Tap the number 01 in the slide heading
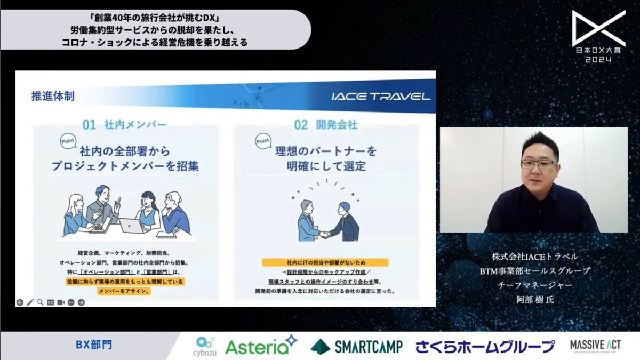(89, 125)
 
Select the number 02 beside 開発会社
(301, 125)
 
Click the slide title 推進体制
(53, 97)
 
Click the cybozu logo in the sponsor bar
(205, 345)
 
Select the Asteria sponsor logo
(260, 346)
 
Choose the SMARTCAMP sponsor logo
(356, 346)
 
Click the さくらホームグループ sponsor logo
(484, 346)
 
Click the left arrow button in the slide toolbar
(20, 302)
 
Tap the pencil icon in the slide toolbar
(30, 302)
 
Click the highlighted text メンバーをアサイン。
(124, 291)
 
